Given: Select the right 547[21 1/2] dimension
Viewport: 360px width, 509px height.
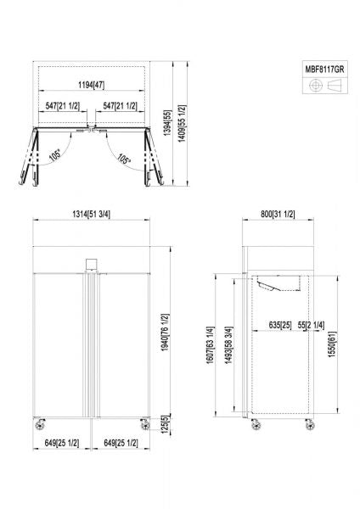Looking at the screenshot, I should click(x=121, y=106).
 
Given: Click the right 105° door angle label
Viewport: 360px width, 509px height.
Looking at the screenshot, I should click(x=124, y=158).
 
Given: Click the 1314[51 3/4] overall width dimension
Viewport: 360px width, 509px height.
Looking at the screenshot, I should click(x=92, y=213).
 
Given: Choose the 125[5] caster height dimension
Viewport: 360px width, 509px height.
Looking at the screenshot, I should click(x=164, y=422).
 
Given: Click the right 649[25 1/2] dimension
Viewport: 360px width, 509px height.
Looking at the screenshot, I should click(x=121, y=442).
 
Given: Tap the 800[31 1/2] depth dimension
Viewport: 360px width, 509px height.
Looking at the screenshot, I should click(x=277, y=213).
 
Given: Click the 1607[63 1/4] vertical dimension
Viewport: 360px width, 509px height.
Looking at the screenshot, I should click(x=210, y=348).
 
